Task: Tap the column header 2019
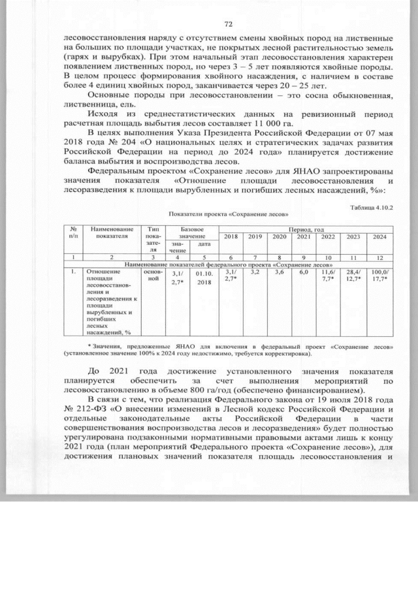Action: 255,236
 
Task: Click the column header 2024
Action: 379,236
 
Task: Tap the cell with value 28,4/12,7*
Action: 353,275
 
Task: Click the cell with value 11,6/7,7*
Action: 328,275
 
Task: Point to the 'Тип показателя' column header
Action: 153,238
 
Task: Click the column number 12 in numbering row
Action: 379,257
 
